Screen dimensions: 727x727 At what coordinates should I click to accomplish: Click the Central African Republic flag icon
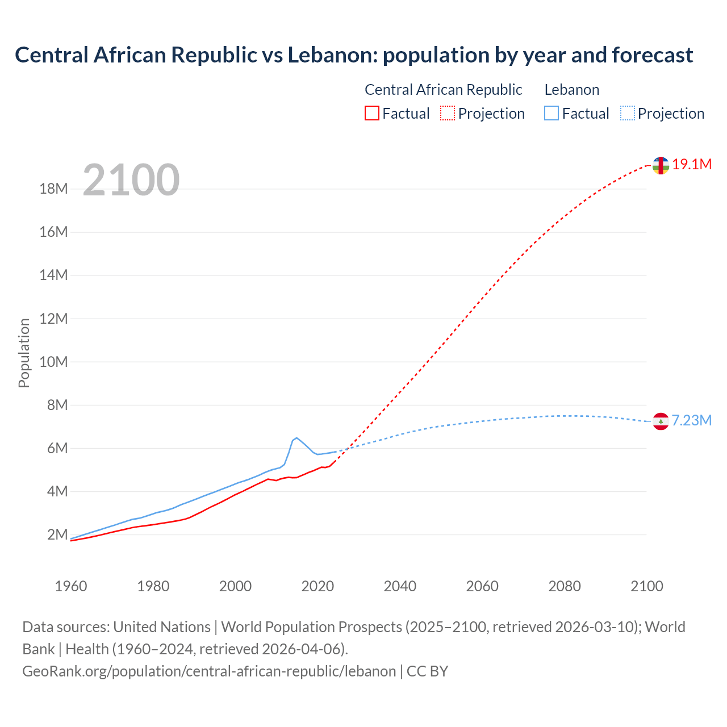[x=660, y=165]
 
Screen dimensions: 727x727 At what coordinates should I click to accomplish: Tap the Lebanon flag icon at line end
[x=660, y=421]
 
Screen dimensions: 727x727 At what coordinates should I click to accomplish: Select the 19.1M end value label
[x=692, y=165]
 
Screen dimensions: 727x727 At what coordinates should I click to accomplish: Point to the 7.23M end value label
[x=692, y=420]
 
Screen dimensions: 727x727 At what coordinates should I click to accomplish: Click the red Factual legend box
[x=371, y=114]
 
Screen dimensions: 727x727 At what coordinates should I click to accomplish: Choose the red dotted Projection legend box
[x=448, y=114]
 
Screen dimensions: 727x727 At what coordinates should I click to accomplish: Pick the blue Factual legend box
[x=551, y=114]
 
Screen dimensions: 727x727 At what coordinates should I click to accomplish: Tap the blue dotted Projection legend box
[x=627, y=114]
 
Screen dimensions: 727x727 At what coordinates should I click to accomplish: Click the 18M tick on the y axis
[x=53, y=189]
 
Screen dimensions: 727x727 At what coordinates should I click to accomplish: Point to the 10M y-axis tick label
[x=53, y=362]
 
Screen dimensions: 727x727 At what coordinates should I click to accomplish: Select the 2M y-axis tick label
[x=57, y=534]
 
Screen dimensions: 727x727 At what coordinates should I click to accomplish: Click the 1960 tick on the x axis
[x=71, y=586]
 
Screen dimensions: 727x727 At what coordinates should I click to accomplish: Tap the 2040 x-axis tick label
[x=400, y=586]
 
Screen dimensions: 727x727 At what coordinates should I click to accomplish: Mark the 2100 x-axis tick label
[x=646, y=586]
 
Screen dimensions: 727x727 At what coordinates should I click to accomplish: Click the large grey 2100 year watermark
[x=131, y=180]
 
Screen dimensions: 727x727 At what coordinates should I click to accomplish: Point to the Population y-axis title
[x=24, y=353]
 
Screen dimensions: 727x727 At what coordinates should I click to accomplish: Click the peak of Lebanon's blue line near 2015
[x=296, y=438]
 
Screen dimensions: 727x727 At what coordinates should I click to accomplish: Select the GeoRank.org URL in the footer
[x=209, y=671]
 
